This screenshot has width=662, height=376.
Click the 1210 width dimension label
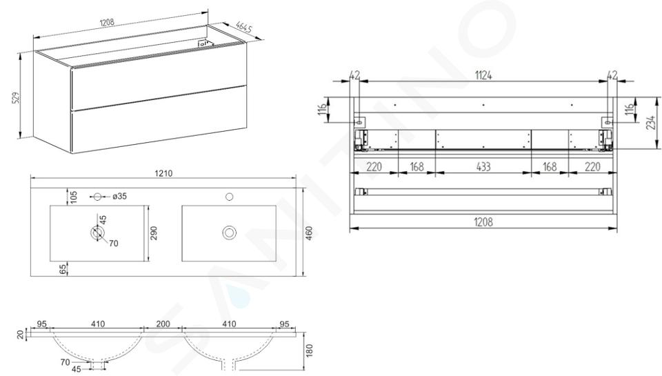(x=163, y=173)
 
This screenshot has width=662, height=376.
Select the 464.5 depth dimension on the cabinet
(x=243, y=27)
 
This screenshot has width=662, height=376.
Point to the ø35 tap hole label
(x=119, y=196)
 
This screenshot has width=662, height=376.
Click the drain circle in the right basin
(x=229, y=232)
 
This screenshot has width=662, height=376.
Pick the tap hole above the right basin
(x=229, y=197)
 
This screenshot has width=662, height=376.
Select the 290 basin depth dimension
(x=154, y=233)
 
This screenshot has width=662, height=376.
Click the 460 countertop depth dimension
(x=309, y=233)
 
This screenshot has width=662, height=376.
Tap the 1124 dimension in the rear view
(x=483, y=76)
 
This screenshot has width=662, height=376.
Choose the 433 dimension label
(x=483, y=167)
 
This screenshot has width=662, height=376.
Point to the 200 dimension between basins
(x=163, y=324)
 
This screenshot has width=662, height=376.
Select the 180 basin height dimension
(x=309, y=350)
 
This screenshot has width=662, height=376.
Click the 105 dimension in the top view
(x=74, y=197)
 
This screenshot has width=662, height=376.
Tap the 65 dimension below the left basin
(x=63, y=270)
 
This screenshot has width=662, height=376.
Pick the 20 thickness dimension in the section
(x=20, y=334)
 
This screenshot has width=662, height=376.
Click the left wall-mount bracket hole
(x=359, y=122)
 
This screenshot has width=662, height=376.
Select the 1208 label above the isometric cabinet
(x=107, y=22)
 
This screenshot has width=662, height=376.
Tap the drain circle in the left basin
(x=97, y=232)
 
